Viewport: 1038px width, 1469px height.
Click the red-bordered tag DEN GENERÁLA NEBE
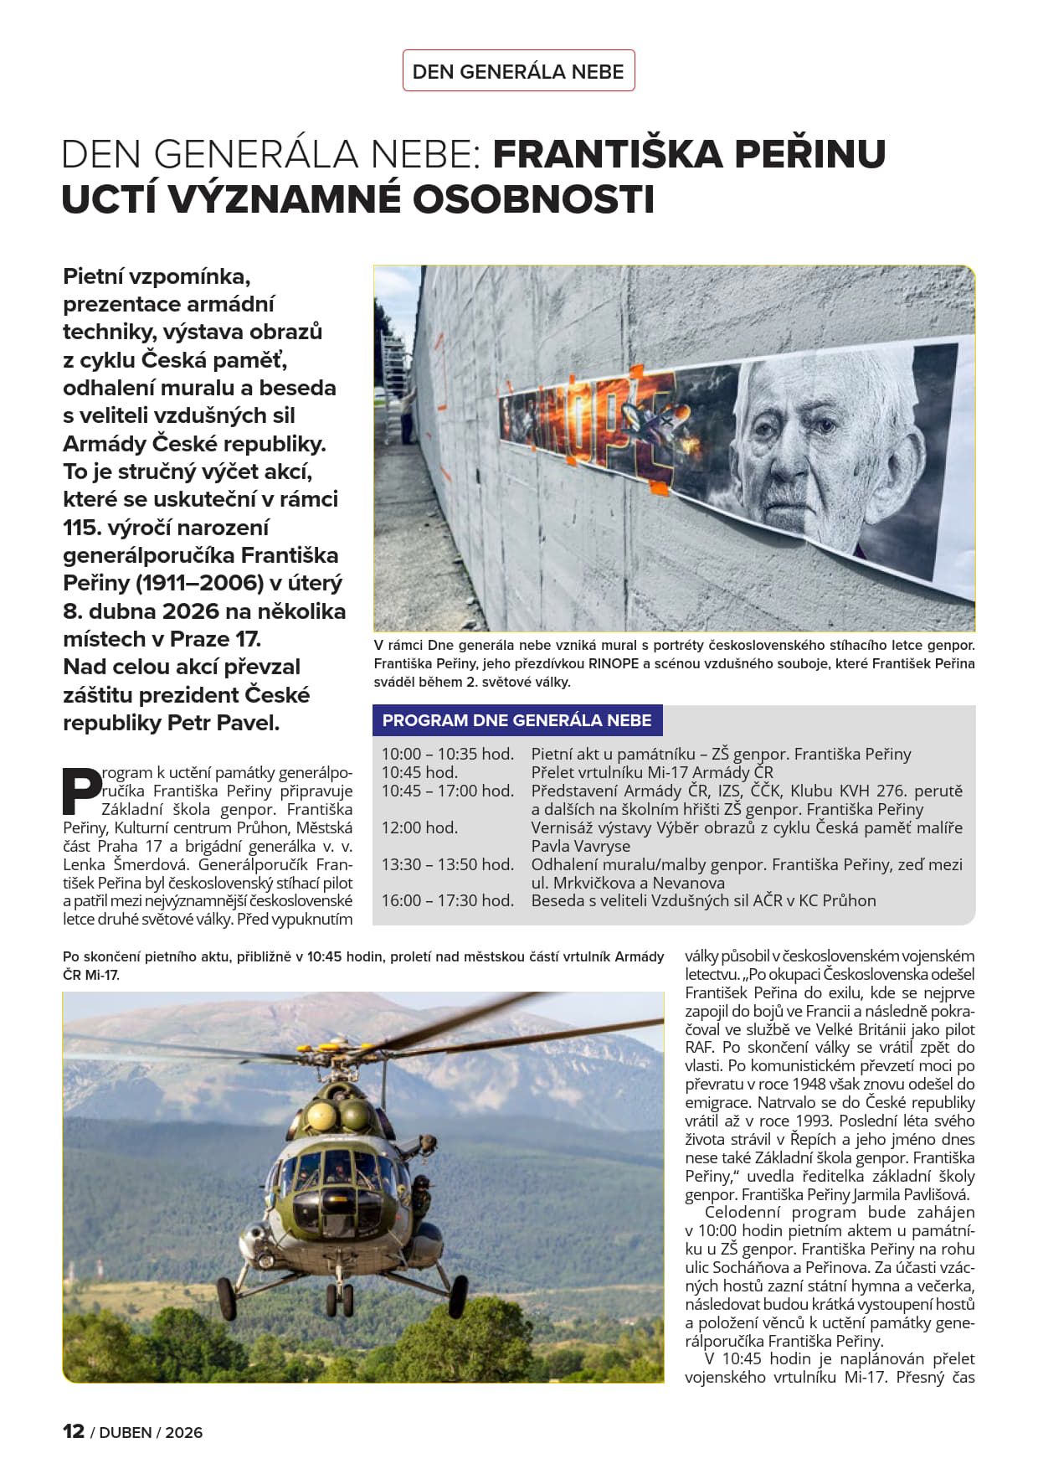tap(518, 71)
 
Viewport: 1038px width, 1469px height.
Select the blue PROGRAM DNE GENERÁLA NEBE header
tap(516, 720)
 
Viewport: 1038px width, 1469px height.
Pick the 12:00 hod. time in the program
tap(419, 827)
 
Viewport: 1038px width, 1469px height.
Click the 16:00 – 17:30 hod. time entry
tap(447, 900)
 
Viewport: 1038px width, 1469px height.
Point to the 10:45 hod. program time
tap(419, 772)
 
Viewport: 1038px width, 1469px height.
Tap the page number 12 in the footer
tap(74, 1431)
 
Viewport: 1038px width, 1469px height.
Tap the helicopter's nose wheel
tap(340, 1302)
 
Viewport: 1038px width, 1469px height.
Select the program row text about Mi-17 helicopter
tap(652, 772)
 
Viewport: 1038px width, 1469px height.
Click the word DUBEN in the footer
tap(126, 1433)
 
